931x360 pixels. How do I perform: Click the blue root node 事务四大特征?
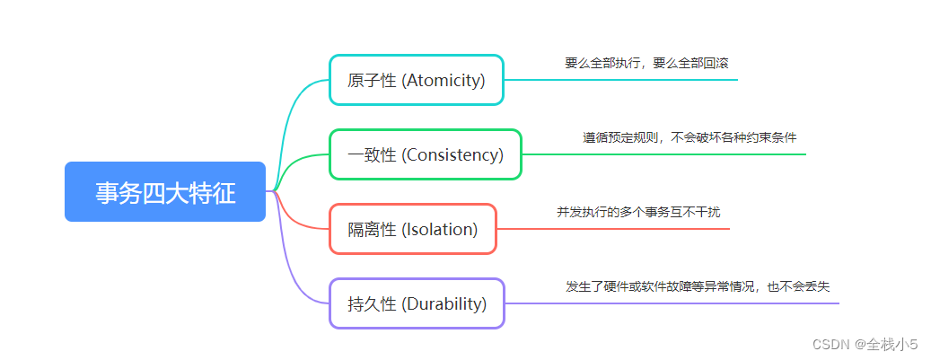pyautogui.click(x=165, y=191)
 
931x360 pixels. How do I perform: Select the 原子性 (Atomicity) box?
pyautogui.click(x=417, y=80)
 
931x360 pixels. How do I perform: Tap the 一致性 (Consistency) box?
pyautogui.click(x=426, y=154)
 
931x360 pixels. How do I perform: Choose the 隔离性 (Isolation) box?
pyautogui.click(x=413, y=229)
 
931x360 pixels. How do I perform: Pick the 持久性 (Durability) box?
pyautogui.click(x=417, y=303)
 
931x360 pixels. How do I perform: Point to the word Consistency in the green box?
pyautogui.click(x=452, y=154)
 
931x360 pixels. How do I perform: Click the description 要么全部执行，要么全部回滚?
pyautogui.click(x=641, y=63)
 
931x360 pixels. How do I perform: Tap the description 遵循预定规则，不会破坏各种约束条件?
pyautogui.click(x=689, y=137)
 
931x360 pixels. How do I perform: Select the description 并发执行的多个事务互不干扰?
pyautogui.click(x=638, y=212)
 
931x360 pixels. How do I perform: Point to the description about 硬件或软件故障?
pyautogui.click(x=698, y=286)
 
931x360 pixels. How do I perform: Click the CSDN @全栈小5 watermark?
pyautogui.click(x=865, y=344)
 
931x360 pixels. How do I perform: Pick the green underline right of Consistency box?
pyautogui.click(x=664, y=154)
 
